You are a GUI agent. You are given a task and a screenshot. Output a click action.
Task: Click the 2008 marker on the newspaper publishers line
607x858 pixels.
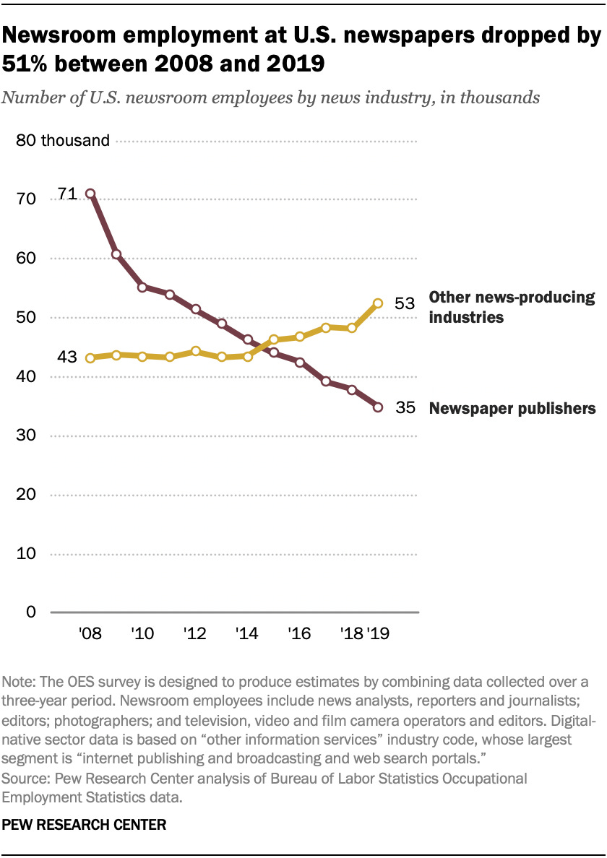90,194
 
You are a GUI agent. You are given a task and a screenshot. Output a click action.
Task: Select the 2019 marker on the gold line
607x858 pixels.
377,304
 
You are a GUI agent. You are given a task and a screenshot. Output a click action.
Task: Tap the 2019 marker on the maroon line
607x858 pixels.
377,407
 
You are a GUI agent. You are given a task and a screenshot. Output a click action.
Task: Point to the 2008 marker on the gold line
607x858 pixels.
90,357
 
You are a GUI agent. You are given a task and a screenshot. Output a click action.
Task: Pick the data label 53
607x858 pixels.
405,303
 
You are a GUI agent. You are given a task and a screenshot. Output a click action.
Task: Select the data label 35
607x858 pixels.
405,408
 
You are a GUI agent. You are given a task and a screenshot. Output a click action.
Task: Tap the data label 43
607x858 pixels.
68,357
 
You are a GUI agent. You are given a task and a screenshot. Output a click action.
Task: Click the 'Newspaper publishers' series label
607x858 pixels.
512,409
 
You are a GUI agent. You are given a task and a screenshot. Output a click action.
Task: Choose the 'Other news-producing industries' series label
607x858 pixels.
512,307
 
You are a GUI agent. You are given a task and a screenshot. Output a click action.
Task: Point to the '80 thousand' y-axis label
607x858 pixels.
63,141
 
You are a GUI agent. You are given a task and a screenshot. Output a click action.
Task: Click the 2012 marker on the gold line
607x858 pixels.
195,351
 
